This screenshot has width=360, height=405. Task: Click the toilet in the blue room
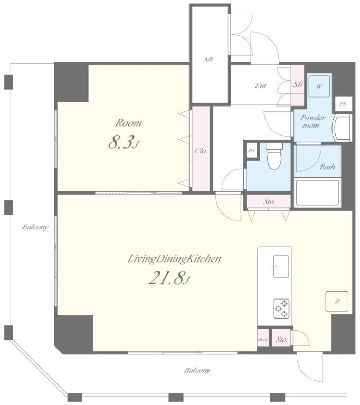coord(274,156)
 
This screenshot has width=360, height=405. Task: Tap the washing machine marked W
coord(319,86)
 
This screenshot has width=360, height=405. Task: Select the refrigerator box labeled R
coord(337,301)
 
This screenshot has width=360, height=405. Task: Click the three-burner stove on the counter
coord(282,308)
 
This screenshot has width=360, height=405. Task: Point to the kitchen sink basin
coord(281,266)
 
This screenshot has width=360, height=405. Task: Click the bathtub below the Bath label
coord(317,193)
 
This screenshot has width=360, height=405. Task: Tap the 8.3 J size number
coord(124,143)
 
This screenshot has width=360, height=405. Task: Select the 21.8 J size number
coord(169,278)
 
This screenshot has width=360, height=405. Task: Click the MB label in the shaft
coord(209,60)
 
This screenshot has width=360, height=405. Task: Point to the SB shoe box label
coord(297,84)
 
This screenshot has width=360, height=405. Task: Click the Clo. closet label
coord(201,151)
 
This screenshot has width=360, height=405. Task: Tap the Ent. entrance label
coord(261,85)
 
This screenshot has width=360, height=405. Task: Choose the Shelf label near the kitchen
coord(263,340)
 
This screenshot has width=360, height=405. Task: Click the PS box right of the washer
coord(344,104)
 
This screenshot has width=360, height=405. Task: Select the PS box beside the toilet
coord(252,151)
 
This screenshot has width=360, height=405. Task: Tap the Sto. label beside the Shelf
coord(281,340)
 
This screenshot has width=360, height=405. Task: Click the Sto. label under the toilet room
coord(269,202)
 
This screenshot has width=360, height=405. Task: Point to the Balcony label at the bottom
coord(197,370)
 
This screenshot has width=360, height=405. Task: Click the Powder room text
coord(312,121)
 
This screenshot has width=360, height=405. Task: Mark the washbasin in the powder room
coord(342,128)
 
